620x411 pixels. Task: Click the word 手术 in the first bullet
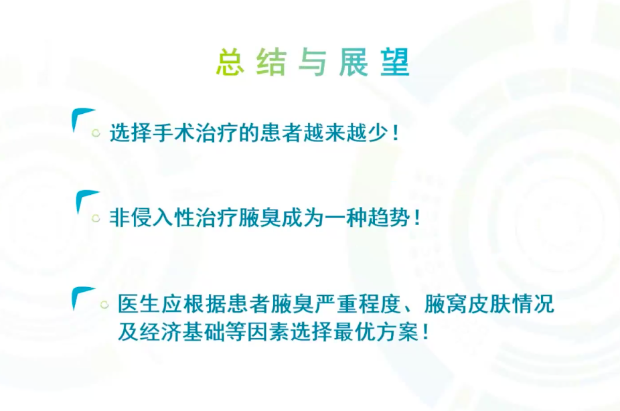(x=171, y=133)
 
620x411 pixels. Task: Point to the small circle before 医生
(x=104, y=305)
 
